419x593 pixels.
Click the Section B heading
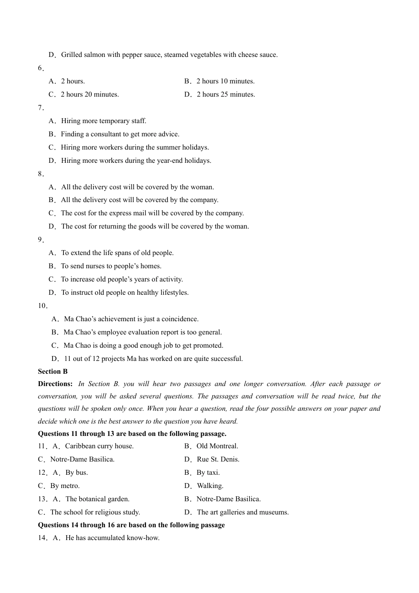point(53,372)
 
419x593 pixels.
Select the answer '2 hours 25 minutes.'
point(225,94)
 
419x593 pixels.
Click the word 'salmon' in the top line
point(95,55)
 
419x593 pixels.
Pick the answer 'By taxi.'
point(208,473)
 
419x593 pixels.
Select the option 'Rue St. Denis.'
point(218,459)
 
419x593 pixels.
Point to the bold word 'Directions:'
point(55,384)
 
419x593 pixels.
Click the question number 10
point(42,306)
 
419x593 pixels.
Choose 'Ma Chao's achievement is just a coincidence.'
point(131,319)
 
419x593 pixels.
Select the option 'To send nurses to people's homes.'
point(111,266)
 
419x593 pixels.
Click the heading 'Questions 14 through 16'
point(131,525)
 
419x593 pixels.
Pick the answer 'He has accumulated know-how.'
point(112,538)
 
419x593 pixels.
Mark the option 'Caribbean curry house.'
point(99,446)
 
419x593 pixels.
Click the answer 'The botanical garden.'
point(97,499)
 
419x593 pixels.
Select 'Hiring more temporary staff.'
point(104,121)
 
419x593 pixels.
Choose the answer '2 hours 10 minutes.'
point(225,81)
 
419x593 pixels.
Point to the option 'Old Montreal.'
point(217,446)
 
